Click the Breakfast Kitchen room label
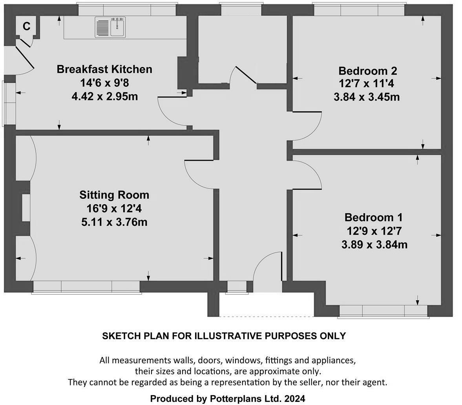click(104, 69)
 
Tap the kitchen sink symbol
click(110, 27)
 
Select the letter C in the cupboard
click(26, 27)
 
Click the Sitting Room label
click(114, 195)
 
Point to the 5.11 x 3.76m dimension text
click(114, 222)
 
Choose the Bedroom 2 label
click(368, 71)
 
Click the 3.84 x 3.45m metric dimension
click(367, 97)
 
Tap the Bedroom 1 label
click(374, 217)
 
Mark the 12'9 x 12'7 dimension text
click(374, 231)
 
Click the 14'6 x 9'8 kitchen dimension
click(104, 83)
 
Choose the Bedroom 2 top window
click(359, 9)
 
